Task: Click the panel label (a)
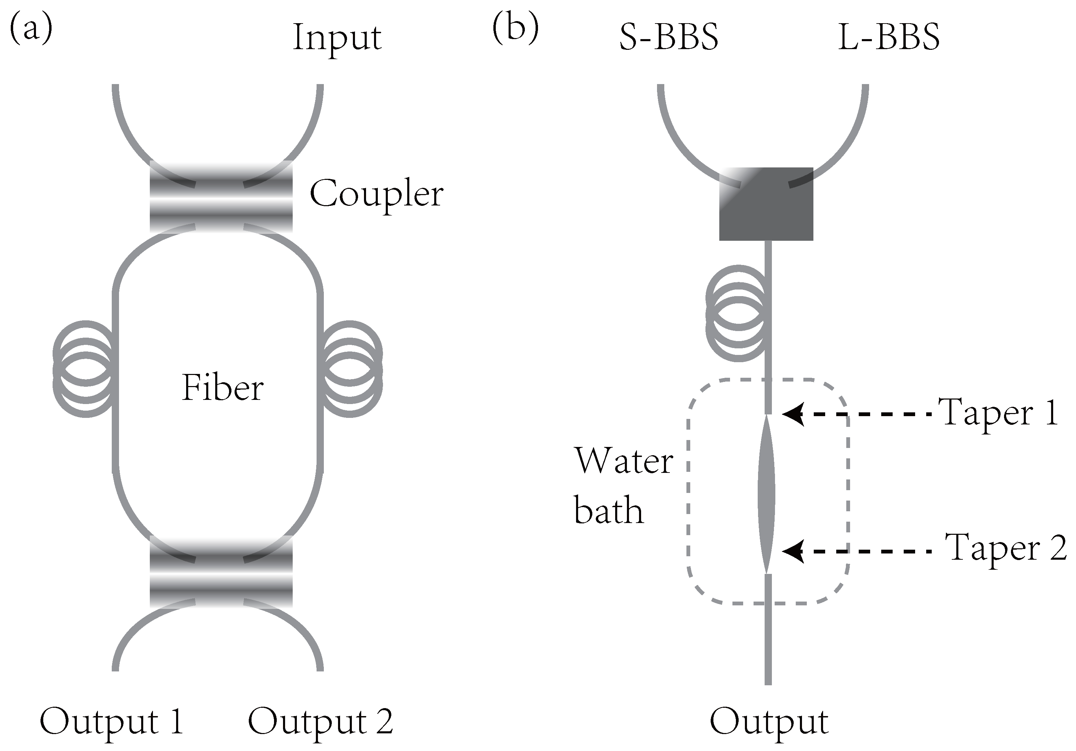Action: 31,29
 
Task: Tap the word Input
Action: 337,38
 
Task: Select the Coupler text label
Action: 376,194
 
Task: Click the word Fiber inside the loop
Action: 222,388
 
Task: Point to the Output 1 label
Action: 111,722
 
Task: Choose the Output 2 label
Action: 320,722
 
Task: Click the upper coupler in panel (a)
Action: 221,197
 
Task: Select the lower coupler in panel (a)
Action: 221,571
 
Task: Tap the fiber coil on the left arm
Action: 84,369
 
